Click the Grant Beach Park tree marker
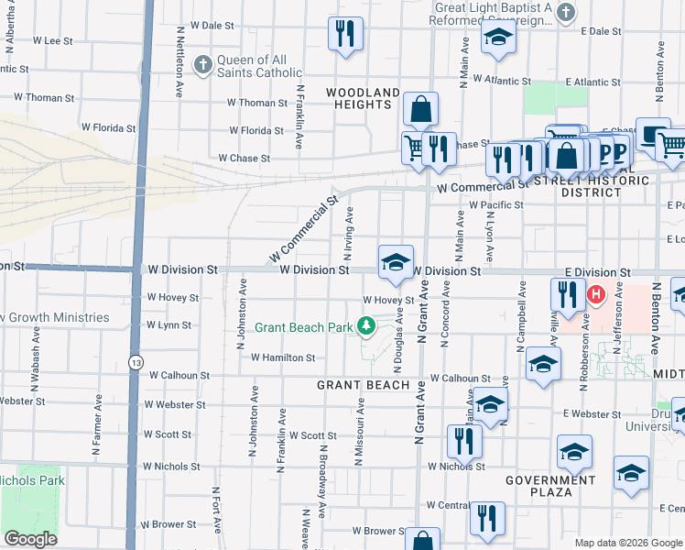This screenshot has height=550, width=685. tap(366, 325)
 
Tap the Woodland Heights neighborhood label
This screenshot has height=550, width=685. tap(364, 98)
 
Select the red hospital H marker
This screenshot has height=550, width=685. tap(597, 294)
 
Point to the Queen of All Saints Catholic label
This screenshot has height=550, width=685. tap(258, 66)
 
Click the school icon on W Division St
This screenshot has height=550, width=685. tap(396, 262)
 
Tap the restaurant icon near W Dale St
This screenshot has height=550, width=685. tap(346, 35)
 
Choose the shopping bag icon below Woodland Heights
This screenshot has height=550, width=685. tap(419, 110)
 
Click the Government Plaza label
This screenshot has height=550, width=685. tap(550, 486)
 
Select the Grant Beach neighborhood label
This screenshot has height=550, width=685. tap(364, 385)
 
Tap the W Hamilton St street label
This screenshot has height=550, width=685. tap(283, 357)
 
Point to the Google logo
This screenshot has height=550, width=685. tap(29, 539)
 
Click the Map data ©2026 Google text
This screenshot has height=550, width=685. tap(627, 543)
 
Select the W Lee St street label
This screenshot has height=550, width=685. tap(52, 41)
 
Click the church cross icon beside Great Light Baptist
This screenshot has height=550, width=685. tap(566, 13)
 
